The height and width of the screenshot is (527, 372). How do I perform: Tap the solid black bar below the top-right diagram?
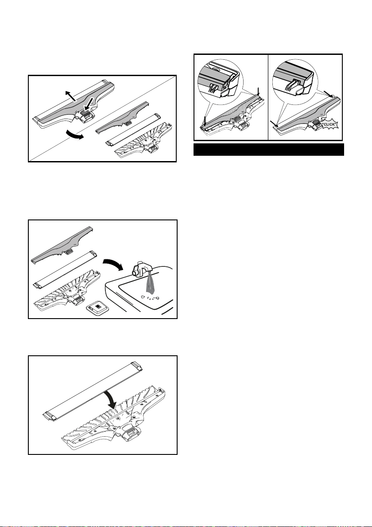(x=268, y=150)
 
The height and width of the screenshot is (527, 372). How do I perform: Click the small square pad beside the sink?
(x=98, y=308)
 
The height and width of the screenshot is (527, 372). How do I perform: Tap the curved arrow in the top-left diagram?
(x=75, y=135)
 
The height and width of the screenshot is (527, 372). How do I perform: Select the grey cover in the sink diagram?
(x=62, y=245)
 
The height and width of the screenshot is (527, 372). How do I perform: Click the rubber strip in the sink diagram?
(x=66, y=269)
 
